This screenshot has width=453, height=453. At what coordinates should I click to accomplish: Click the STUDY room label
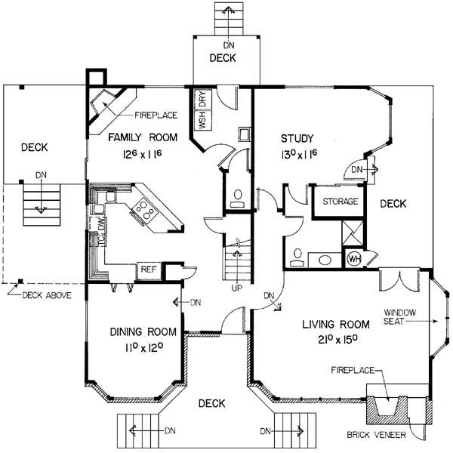297,138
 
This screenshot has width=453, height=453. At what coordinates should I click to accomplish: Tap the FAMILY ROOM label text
143,137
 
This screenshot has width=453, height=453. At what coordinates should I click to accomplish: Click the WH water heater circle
354,259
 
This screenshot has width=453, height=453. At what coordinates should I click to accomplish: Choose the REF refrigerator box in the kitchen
149,270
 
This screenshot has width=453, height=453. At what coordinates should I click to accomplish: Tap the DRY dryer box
203,98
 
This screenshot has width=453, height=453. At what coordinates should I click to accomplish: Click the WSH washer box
203,120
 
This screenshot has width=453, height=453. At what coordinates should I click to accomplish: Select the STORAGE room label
341,201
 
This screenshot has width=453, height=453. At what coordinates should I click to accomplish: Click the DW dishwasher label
102,223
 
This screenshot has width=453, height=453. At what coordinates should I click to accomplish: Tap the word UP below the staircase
236,288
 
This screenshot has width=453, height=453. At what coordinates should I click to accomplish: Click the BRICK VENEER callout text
376,435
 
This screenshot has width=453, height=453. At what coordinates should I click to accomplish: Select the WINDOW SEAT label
399,316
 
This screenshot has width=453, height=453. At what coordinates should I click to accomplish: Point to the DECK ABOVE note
47,295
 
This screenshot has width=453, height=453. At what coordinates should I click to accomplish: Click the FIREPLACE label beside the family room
156,116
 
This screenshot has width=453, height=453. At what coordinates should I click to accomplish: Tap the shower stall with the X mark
353,233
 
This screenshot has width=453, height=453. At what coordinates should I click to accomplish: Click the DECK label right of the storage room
393,204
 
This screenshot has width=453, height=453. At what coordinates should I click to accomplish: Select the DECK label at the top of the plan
223,58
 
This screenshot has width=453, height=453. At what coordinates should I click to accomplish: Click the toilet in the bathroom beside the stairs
238,199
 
